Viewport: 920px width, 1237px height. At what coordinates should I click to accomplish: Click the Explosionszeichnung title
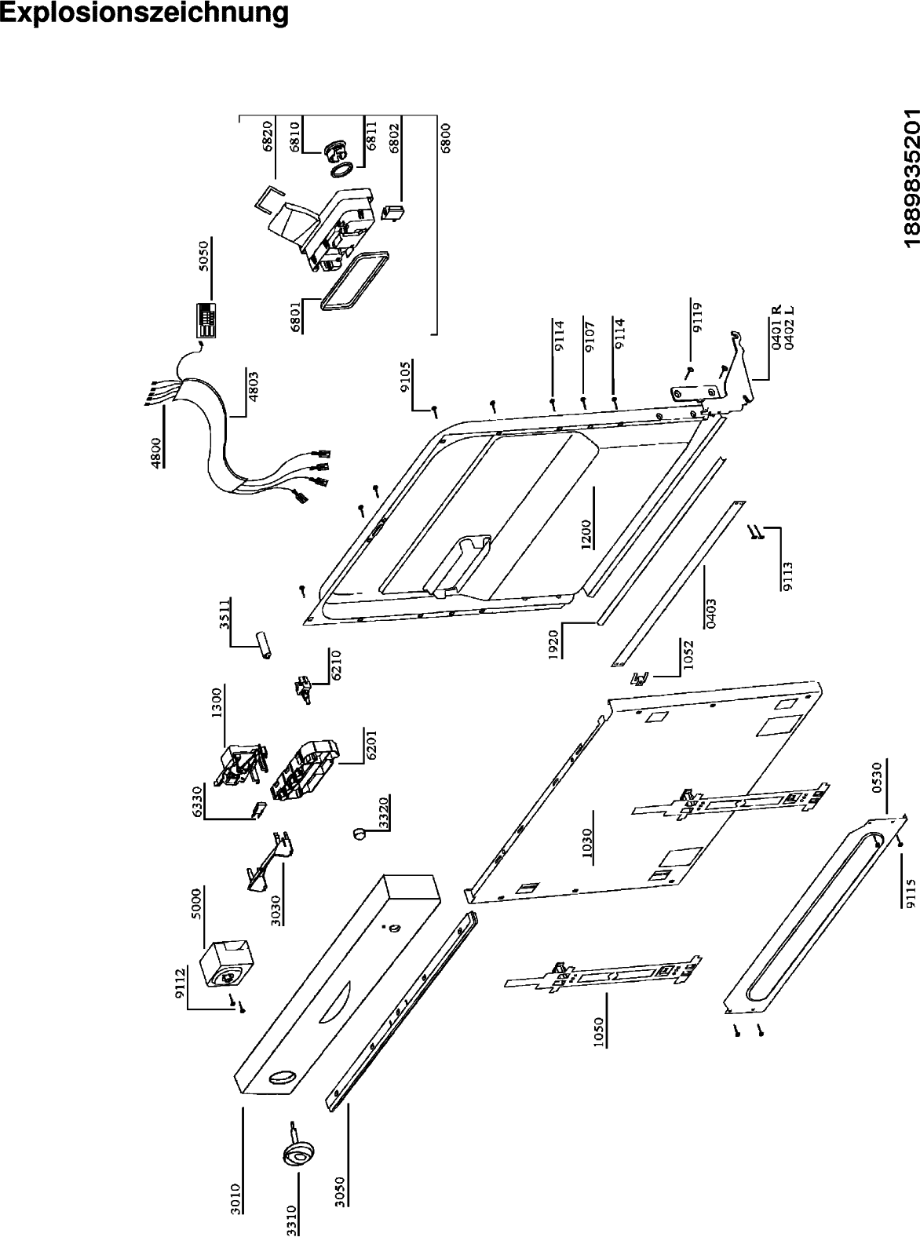[x=144, y=13]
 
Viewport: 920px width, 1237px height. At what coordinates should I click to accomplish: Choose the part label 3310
[x=291, y=1216]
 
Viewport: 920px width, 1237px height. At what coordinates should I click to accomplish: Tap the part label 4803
[x=252, y=385]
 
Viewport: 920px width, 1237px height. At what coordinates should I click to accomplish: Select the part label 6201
[x=371, y=745]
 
